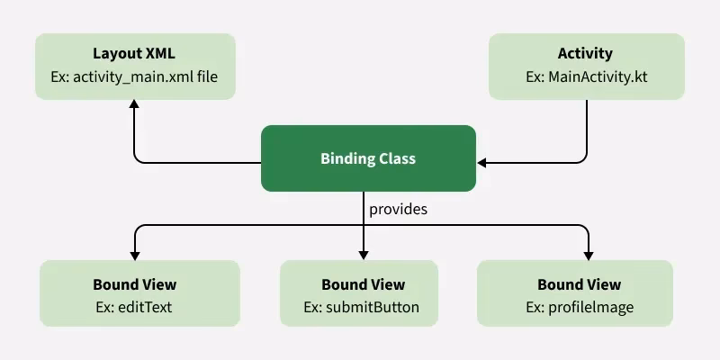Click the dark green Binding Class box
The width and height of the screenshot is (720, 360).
(368, 158)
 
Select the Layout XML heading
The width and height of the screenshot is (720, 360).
(134, 54)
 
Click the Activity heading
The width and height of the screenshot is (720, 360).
(585, 54)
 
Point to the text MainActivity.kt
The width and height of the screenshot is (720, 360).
(598, 78)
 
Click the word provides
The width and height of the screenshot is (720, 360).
(398, 209)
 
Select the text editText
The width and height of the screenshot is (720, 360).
(145, 308)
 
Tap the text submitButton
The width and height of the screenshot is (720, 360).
(373, 308)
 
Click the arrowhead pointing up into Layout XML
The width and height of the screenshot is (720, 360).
(134, 104)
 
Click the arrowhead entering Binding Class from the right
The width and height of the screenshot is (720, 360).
(482, 163)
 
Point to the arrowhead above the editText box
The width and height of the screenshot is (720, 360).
(134, 253)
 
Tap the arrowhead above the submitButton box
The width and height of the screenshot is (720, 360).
(364, 253)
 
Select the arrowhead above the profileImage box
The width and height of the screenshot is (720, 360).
(588, 253)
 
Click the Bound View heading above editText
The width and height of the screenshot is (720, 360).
(134, 284)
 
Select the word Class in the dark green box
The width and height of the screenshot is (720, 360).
(396, 158)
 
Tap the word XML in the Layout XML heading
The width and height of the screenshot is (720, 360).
(160, 54)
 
